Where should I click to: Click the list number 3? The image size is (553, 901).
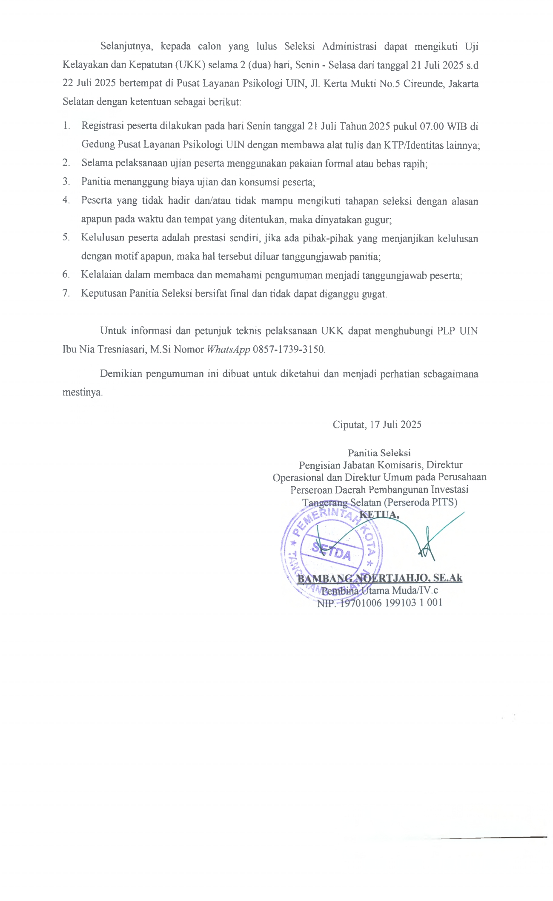[x=66, y=182]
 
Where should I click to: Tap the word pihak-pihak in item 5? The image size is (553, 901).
[x=328, y=238]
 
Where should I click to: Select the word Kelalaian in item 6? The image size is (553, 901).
[x=101, y=275]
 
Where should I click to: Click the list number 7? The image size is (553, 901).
[x=66, y=294]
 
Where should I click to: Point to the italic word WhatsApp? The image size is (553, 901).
[x=228, y=349]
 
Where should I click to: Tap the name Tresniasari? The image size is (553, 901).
[x=122, y=349]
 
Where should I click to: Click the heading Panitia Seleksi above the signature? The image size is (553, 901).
[x=379, y=453]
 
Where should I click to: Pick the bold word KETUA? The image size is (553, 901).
[x=379, y=515]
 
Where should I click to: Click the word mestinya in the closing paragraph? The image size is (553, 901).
[x=82, y=392]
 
